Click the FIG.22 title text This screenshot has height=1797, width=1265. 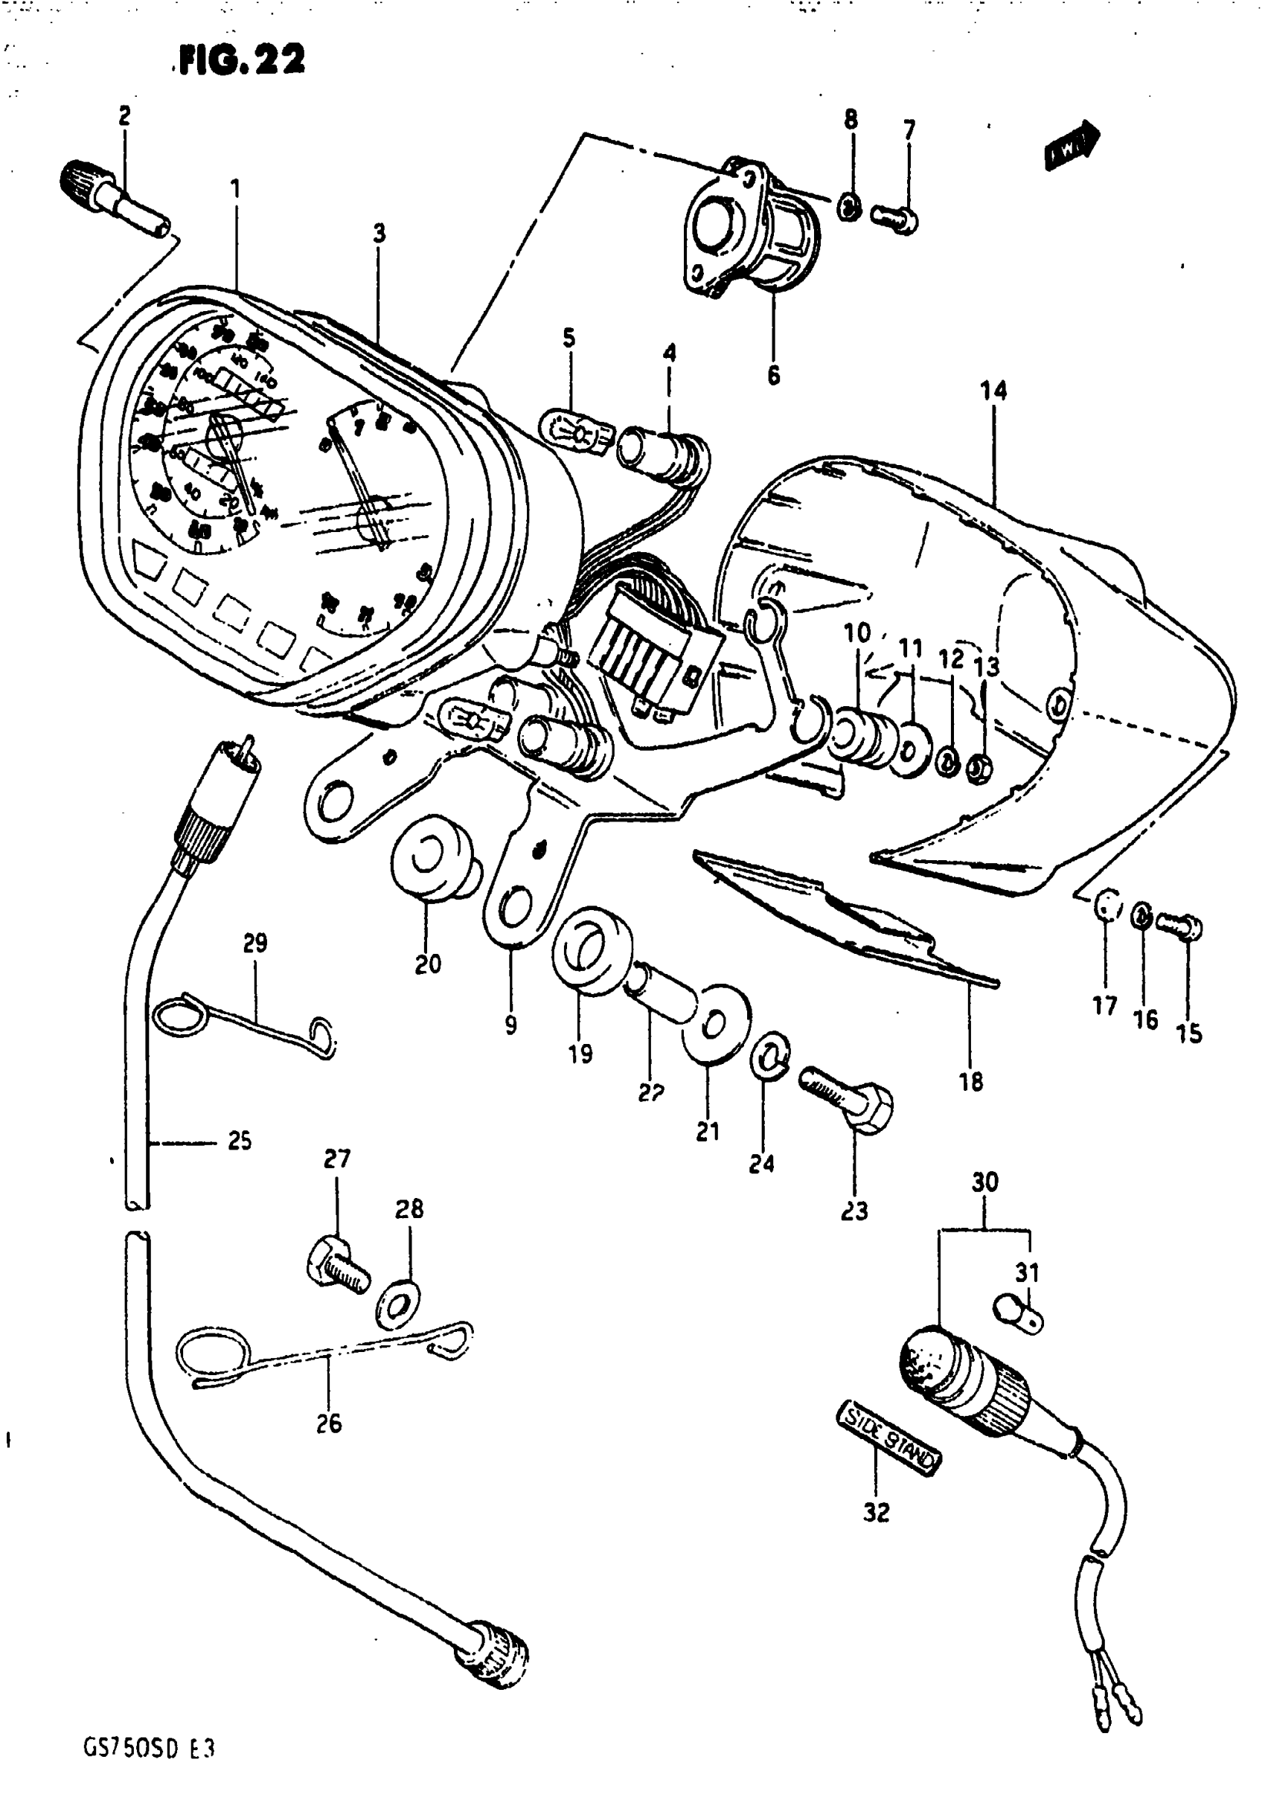click(x=241, y=60)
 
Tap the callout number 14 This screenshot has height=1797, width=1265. click(x=993, y=390)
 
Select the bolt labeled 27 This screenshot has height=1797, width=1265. click(x=336, y=1266)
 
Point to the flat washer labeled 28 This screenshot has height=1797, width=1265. click(x=398, y=1304)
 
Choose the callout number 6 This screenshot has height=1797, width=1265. click(x=773, y=376)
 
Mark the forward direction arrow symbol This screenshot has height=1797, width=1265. click(x=1072, y=145)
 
